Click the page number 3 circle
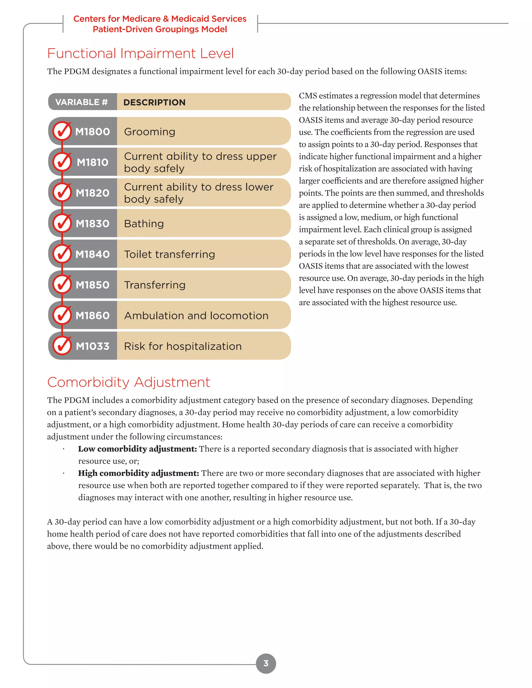[266, 663]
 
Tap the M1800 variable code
[92, 132]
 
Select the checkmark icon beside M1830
[62, 223]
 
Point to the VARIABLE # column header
[82, 102]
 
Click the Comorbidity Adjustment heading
[129, 382]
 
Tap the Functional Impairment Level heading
[141, 53]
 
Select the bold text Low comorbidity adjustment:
[137, 449]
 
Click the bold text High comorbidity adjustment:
[138, 473]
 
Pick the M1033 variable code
[92, 346]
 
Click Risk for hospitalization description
[183, 346]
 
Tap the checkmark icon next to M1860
[62, 315]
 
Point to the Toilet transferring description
[170, 254]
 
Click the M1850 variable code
[92, 285]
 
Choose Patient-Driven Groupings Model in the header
[160, 29]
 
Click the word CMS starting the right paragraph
[308, 96]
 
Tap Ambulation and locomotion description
[196, 316]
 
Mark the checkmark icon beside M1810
[62, 162]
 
